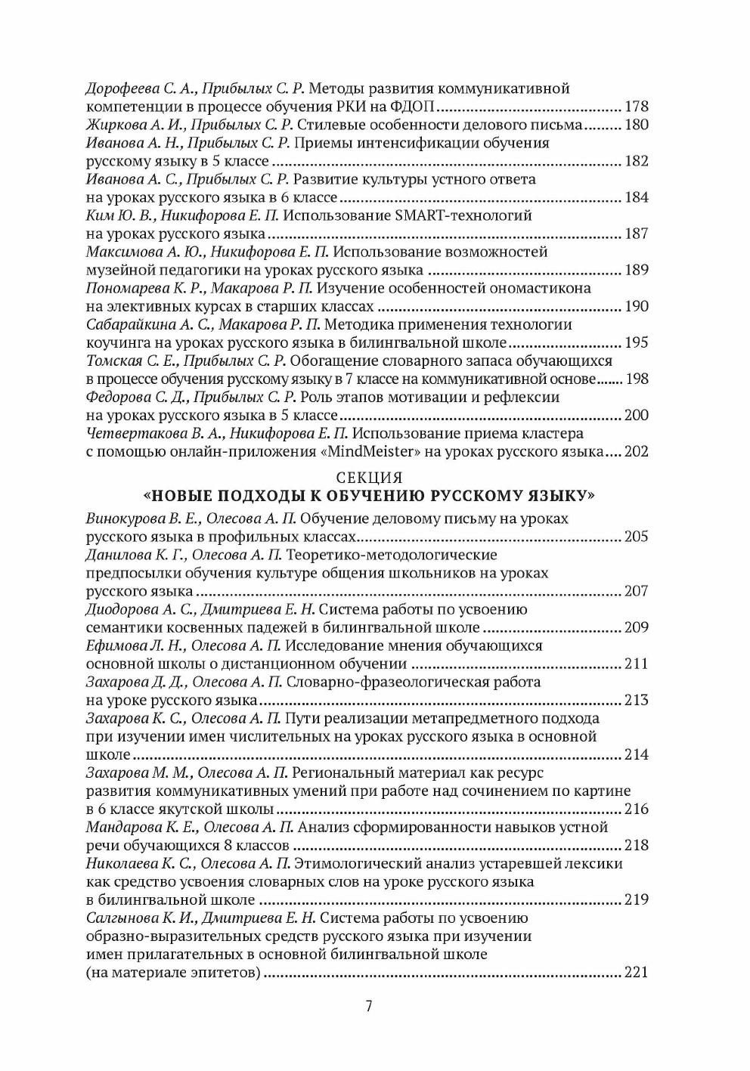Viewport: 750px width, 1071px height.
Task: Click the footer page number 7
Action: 368,1006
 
